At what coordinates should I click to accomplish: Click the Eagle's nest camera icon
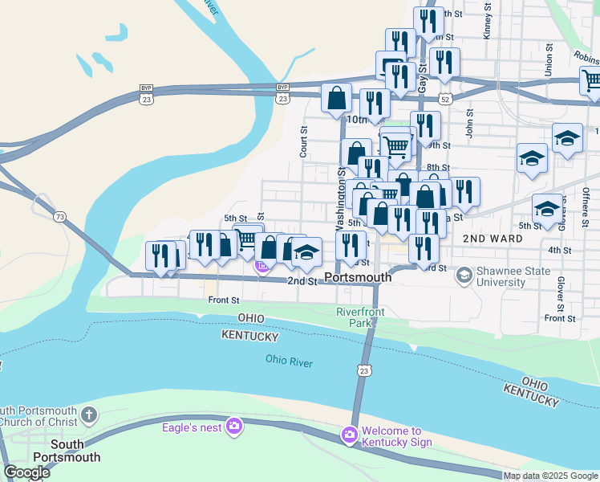(233, 426)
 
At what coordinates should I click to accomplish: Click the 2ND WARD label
(493, 239)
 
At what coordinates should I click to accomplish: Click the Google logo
(26, 472)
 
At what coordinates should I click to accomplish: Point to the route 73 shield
(59, 218)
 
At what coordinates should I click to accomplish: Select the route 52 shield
(445, 98)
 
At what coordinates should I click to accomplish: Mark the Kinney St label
(487, 24)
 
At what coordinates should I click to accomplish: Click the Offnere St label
(586, 206)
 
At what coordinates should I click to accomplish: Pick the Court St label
(304, 141)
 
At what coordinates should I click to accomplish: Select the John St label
(470, 122)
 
